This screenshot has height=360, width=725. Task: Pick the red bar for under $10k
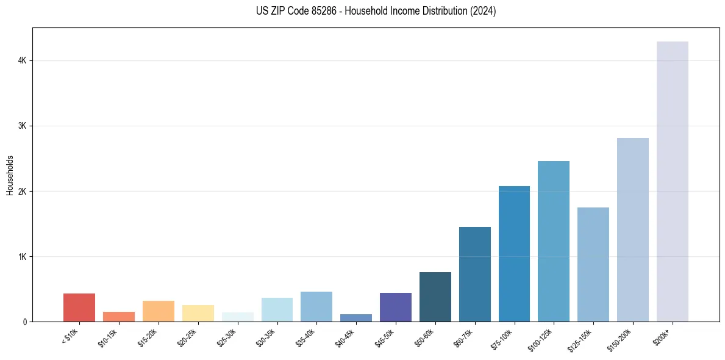(x=79, y=308)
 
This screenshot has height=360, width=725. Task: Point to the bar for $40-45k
(x=356, y=318)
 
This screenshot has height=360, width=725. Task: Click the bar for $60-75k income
(x=474, y=274)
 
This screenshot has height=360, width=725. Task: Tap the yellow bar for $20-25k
(x=198, y=313)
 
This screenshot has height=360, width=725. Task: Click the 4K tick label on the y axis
(x=22, y=61)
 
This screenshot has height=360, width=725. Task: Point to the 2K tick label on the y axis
(x=22, y=192)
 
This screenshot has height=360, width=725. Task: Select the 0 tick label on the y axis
(x=24, y=322)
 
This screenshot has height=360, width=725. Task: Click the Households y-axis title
(x=10, y=175)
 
